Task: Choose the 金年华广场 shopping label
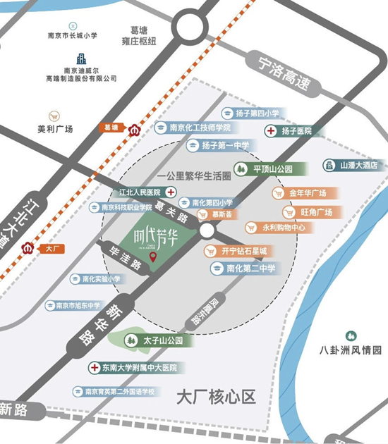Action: click(307, 192)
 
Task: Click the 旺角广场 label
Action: click(316, 211)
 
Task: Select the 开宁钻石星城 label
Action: click(244, 251)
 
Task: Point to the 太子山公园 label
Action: click(162, 340)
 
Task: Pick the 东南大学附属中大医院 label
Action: click(137, 368)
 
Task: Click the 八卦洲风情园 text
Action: click(350, 350)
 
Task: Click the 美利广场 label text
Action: click(56, 129)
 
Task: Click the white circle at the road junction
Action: click(206, 231)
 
